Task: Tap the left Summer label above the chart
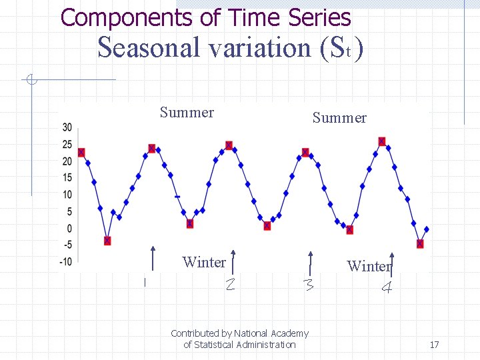(187, 113)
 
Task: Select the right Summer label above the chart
(339, 118)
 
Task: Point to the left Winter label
(204, 262)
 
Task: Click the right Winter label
(368, 267)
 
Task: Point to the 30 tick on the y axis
(67, 128)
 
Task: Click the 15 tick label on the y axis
(67, 178)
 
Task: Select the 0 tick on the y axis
(69, 229)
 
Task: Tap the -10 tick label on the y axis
(66, 262)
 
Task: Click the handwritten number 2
(229, 285)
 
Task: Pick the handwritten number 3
(308, 285)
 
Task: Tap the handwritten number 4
(386, 289)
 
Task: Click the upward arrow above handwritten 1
(153, 259)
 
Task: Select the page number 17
(434, 345)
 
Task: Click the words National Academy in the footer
(271, 333)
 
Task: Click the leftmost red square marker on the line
(81, 153)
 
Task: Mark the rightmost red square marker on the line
(420, 244)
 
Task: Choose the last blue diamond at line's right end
(426, 229)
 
